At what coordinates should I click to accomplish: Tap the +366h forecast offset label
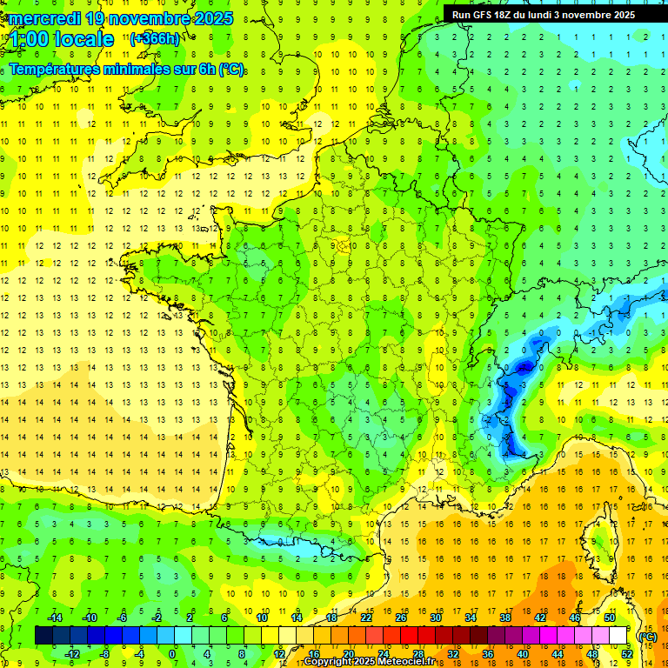click(155, 38)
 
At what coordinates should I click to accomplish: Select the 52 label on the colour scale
click(626, 654)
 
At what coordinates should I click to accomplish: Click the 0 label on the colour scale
click(173, 654)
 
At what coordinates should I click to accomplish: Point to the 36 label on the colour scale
click(487, 654)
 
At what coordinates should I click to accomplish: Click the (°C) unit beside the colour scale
click(647, 637)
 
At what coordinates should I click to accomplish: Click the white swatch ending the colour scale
click(618, 636)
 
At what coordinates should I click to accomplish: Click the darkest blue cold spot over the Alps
click(524, 368)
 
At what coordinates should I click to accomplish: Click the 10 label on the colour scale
click(261, 618)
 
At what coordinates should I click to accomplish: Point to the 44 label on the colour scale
click(557, 654)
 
